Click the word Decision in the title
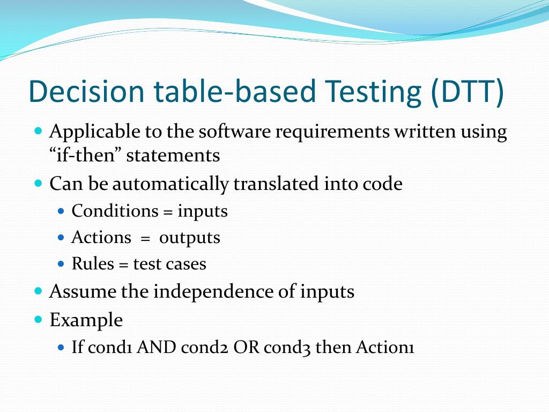click(86, 91)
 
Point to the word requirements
click(332, 131)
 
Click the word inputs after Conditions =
click(203, 211)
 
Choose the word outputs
click(190, 238)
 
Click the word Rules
click(93, 264)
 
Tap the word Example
click(86, 320)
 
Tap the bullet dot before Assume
click(38, 291)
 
